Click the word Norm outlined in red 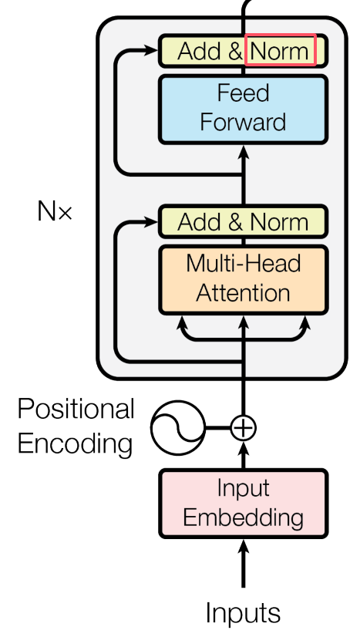(280, 51)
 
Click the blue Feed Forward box (243, 110)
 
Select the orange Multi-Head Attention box (243, 280)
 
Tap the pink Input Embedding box (243, 504)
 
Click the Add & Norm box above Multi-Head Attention (243, 222)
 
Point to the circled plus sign (243, 428)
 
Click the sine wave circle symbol (178, 428)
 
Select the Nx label (55, 211)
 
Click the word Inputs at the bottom (243, 612)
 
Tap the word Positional (76, 409)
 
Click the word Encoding (75, 443)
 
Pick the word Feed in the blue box (243, 93)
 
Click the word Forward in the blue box (243, 122)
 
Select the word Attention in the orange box (243, 292)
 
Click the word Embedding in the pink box (243, 517)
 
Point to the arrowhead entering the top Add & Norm (151, 50)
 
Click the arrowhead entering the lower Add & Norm (151, 222)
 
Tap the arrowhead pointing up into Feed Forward (243, 151)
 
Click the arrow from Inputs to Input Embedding (243, 563)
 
